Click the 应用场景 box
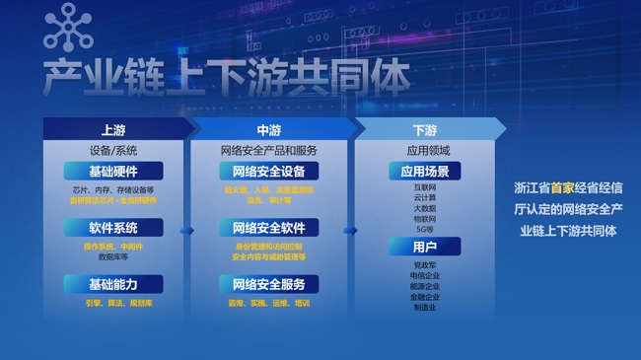coord(425,171)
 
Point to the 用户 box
coord(425,247)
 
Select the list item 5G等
coord(425,228)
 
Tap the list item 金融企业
coord(425,296)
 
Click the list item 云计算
coord(425,197)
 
